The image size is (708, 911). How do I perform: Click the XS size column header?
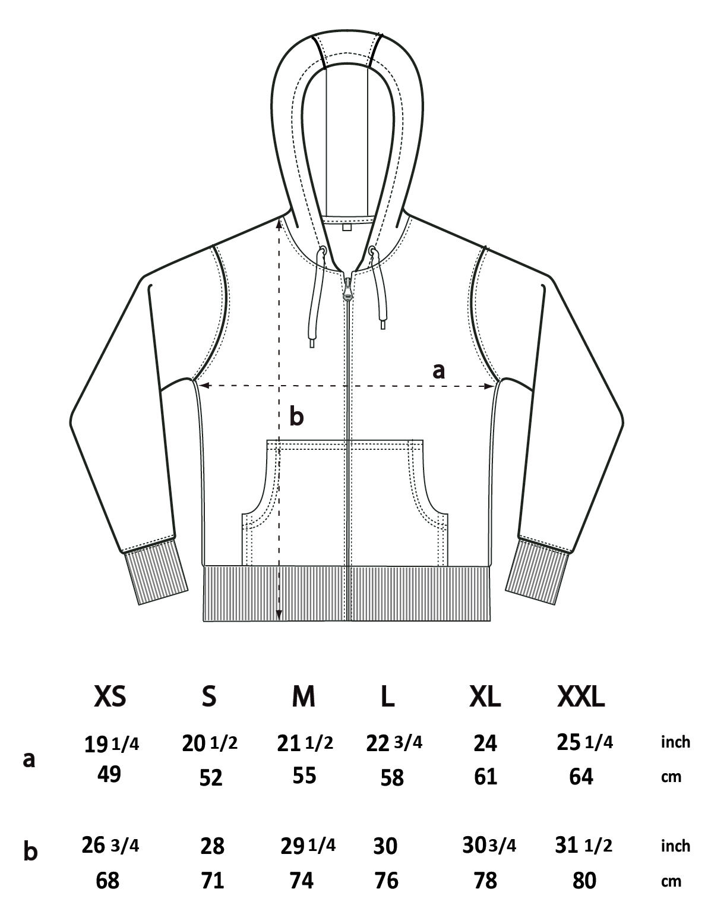pyautogui.click(x=110, y=697)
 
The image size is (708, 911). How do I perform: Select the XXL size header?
pyautogui.click(x=581, y=697)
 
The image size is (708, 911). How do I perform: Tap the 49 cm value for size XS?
pyautogui.click(x=109, y=774)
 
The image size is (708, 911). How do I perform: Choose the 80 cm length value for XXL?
pyautogui.click(x=584, y=881)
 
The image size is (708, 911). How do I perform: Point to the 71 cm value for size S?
pyautogui.click(x=212, y=881)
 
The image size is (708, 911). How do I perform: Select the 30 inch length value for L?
pyautogui.click(x=385, y=846)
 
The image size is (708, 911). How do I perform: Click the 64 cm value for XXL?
pyautogui.click(x=581, y=777)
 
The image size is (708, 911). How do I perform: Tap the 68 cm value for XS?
pyautogui.click(x=108, y=881)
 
